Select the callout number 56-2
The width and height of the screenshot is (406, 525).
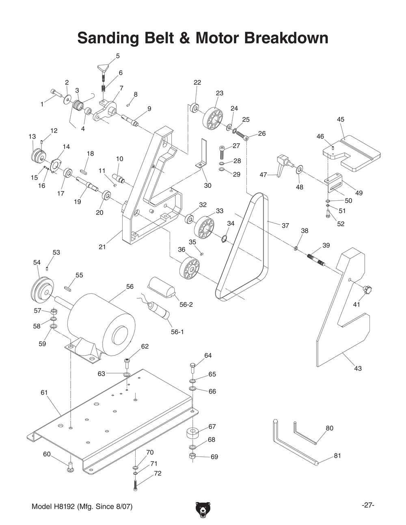click(186, 304)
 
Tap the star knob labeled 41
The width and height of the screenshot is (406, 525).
click(368, 290)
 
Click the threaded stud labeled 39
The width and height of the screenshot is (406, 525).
click(317, 260)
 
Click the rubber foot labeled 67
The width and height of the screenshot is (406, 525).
click(193, 433)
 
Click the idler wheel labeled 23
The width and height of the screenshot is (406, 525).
click(212, 118)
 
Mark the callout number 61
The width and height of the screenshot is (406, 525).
click(44, 392)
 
